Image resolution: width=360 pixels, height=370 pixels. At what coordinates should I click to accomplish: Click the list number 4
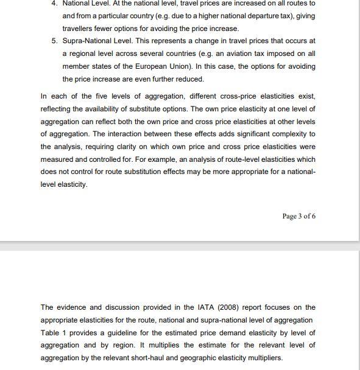pos(54,3)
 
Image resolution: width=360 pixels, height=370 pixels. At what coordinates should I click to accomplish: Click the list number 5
pos(54,41)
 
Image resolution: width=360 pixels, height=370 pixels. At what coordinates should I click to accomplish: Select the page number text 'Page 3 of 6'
pos(299,216)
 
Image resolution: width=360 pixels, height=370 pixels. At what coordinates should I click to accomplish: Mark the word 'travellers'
pos(79,29)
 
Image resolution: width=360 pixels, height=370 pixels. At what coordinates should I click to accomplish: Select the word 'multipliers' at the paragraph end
pos(263,358)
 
